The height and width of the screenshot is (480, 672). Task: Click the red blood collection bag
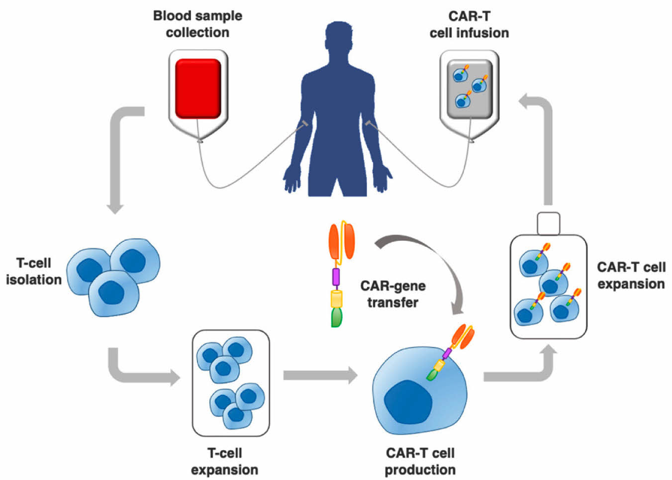click(x=198, y=89)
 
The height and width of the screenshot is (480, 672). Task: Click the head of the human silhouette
click(x=339, y=35)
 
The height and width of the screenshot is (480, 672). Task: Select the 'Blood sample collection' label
click(x=197, y=24)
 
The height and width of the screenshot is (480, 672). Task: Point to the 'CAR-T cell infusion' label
click(x=469, y=24)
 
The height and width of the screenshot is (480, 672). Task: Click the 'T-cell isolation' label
click(x=34, y=272)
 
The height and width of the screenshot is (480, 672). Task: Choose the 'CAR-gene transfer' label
click(x=393, y=294)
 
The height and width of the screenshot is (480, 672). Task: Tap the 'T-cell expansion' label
click(x=225, y=462)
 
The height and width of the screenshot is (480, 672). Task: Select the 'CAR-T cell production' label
click(x=420, y=462)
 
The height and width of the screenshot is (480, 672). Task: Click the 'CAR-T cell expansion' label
click(x=631, y=276)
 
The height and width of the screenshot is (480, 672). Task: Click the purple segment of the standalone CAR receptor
click(x=336, y=277)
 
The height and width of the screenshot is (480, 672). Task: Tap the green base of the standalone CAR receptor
click(x=337, y=317)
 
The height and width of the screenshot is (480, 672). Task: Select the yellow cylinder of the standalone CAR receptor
click(x=337, y=299)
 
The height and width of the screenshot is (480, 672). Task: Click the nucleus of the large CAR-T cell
click(x=408, y=402)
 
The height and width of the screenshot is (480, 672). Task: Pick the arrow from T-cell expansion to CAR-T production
click(x=320, y=375)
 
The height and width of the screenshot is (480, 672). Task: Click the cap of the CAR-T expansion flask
click(x=549, y=223)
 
